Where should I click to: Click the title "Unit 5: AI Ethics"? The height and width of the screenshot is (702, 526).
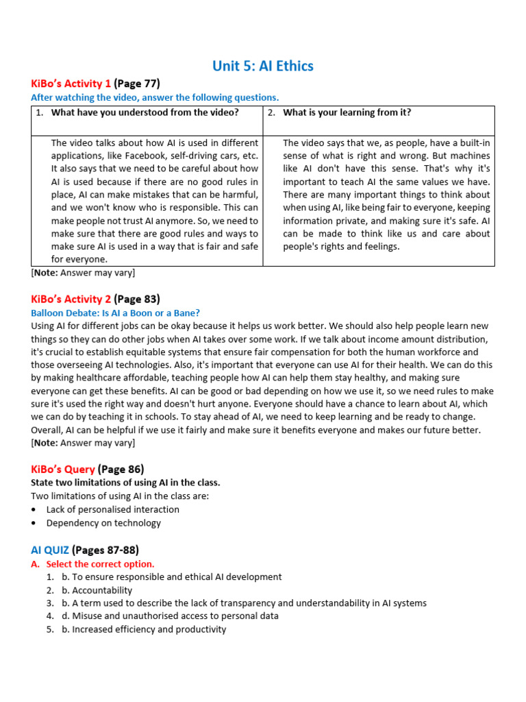[263, 66]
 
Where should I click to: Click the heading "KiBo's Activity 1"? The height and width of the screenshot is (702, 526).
[71, 84]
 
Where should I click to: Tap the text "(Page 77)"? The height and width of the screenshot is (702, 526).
[137, 84]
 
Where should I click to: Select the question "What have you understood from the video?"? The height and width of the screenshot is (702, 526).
[145, 112]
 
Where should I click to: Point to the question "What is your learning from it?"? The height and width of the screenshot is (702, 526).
[347, 112]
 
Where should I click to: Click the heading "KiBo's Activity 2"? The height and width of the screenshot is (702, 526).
[71, 299]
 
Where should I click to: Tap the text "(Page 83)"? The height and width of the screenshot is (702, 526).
[137, 299]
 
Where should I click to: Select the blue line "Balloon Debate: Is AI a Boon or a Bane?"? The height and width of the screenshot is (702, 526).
[116, 313]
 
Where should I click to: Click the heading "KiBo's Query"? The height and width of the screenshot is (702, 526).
[63, 470]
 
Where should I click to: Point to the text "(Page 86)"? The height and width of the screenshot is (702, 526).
[121, 470]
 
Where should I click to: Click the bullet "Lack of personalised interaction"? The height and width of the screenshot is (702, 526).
[113, 509]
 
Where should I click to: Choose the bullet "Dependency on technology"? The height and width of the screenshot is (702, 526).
[103, 523]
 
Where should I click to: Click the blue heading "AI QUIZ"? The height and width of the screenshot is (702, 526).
[50, 550]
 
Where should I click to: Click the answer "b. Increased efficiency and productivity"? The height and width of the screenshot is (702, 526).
[144, 629]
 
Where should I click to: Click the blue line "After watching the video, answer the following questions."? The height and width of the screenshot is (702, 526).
[155, 98]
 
